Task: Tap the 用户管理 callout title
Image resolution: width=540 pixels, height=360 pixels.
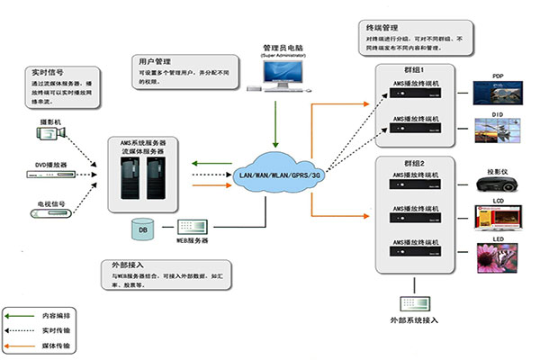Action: [156, 58]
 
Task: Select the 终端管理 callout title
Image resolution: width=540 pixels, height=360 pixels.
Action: [363, 29]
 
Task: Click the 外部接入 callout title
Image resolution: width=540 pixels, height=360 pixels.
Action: [122, 267]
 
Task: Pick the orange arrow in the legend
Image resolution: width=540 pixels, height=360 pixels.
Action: [20, 346]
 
